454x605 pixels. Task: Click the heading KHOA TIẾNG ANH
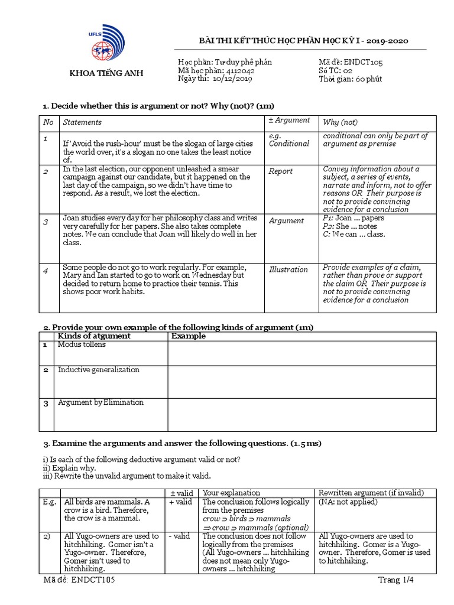107,73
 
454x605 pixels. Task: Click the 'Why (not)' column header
340,122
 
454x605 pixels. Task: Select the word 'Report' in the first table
281,171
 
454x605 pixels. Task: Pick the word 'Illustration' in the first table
288,269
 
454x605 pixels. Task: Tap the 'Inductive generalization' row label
99,370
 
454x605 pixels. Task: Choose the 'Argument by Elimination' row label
100,402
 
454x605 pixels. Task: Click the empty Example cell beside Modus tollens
301,353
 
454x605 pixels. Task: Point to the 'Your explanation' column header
231,493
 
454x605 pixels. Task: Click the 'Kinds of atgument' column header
94,336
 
